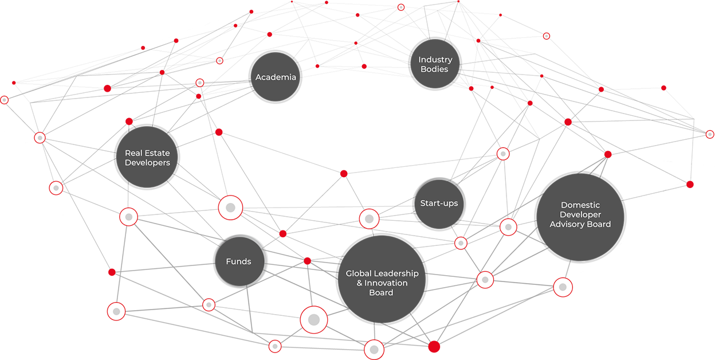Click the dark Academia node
click(x=276, y=77)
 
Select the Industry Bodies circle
click(x=435, y=64)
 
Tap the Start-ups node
click(x=439, y=204)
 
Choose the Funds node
click(x=239, y=261)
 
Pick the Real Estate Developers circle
click(x=147, y=157)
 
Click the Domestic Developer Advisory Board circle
click(x=580, y=217)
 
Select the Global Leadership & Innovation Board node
click(x=382, y=279)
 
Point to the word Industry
click(x=435, y=60)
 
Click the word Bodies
click(x=434, y=69)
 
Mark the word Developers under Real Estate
click(x=147, y=163)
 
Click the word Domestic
click(x=580, y=205)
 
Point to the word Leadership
click(x=396, y=273)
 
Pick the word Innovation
click(x=386, y=283)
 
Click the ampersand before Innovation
click(x=359, y=283)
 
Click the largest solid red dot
click(x=434, y=347)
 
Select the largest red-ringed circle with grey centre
click(x=314, y=320)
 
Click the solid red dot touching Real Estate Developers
click(x=129, y=122)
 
